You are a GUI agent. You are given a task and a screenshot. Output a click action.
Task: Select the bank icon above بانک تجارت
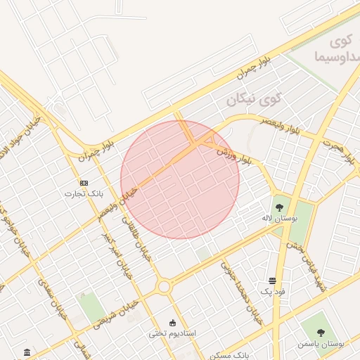click(84, 183)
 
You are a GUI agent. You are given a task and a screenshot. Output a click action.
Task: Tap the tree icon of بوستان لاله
click(280, 207)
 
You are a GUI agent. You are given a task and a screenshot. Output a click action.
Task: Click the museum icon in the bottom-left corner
click(27, 352)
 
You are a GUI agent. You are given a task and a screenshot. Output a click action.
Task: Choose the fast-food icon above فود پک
click(272, 281)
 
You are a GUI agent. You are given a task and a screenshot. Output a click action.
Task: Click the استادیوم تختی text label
click(172, 333)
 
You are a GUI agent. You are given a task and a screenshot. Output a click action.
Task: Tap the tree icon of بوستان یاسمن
click(321, 333)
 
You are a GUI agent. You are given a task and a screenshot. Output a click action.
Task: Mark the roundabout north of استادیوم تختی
click(164, 287)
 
